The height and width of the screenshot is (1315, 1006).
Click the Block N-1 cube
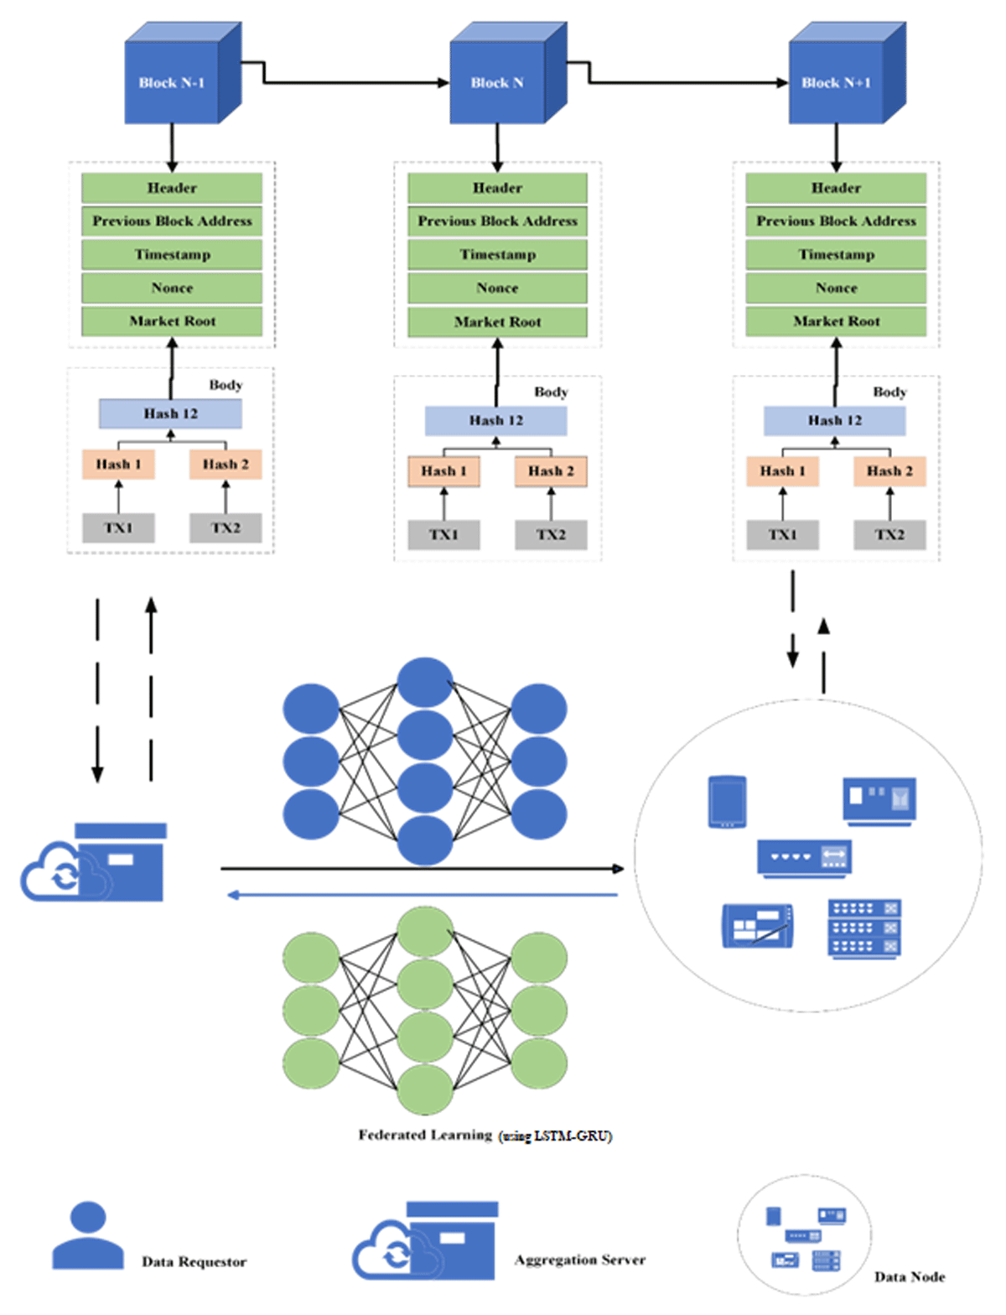pos(183,73)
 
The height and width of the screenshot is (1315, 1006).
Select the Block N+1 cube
pos(847,73)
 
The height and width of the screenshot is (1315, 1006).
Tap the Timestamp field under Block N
pos(498,255)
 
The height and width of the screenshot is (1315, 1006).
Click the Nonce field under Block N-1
pos(172,288)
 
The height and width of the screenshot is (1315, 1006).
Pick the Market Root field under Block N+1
pos(836,321)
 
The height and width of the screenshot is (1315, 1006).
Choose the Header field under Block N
pos(498,188)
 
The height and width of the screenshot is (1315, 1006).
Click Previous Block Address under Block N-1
pos(172,221)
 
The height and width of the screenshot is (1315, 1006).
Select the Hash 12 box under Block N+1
pos(835,420)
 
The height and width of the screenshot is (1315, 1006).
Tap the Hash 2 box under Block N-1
pos(226,465)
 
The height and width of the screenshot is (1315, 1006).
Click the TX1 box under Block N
pos(443,535)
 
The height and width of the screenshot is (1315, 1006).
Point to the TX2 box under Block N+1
pos(889,535)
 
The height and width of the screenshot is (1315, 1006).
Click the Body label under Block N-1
pos(226,385)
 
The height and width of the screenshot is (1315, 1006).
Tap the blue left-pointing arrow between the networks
pos(423,895)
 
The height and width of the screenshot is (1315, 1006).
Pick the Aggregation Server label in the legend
pos(579,1260)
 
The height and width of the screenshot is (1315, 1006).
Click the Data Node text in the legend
pos(910,1276)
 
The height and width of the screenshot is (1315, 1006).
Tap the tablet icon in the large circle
pos(727,802)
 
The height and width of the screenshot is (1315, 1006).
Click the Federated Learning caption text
pos(485,1136)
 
